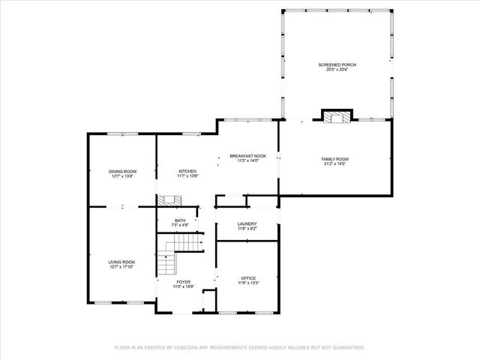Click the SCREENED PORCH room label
337,65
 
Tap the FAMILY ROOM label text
334,159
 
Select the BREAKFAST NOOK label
247,156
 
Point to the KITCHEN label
187,172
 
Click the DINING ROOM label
122,172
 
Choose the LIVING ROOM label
121,261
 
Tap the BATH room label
180,220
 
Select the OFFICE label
247,277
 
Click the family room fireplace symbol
336,116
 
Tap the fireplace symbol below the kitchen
169,200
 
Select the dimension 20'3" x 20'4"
337,70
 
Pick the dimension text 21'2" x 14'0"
334,164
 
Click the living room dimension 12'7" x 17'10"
121,266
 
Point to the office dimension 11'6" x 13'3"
247,283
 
